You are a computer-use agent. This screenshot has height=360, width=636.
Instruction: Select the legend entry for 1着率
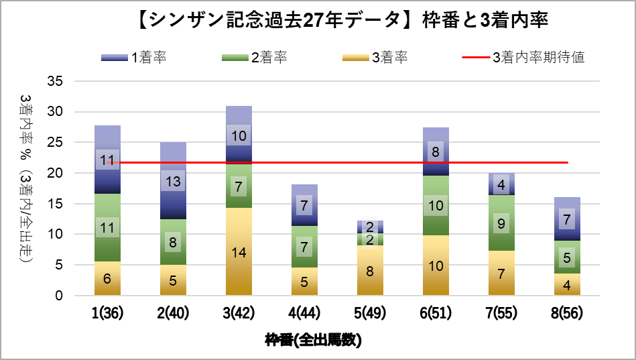pos(133,58)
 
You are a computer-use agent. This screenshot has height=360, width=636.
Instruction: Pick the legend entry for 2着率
pos(254,58)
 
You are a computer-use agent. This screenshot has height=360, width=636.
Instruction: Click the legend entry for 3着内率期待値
pos(523,58)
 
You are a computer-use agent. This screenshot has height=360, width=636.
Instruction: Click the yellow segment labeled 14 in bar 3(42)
pos(239,251)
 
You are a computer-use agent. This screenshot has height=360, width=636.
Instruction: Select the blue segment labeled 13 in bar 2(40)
pos(173,181)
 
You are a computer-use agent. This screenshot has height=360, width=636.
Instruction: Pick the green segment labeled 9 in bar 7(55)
pos(501,223)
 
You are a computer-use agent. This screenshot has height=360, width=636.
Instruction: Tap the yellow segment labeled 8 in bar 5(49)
pos(370,270)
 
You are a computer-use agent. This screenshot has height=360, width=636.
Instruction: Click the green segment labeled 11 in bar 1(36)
pos(107,227)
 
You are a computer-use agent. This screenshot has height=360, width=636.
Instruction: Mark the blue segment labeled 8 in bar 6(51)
pos(436,152)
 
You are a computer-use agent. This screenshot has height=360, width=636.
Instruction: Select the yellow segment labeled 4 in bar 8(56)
pos(567,284)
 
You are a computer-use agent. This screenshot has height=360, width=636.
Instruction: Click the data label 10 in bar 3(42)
pos(239,135)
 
